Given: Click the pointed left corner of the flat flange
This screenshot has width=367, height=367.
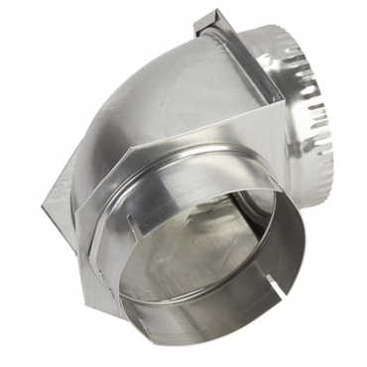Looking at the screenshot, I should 45,206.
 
